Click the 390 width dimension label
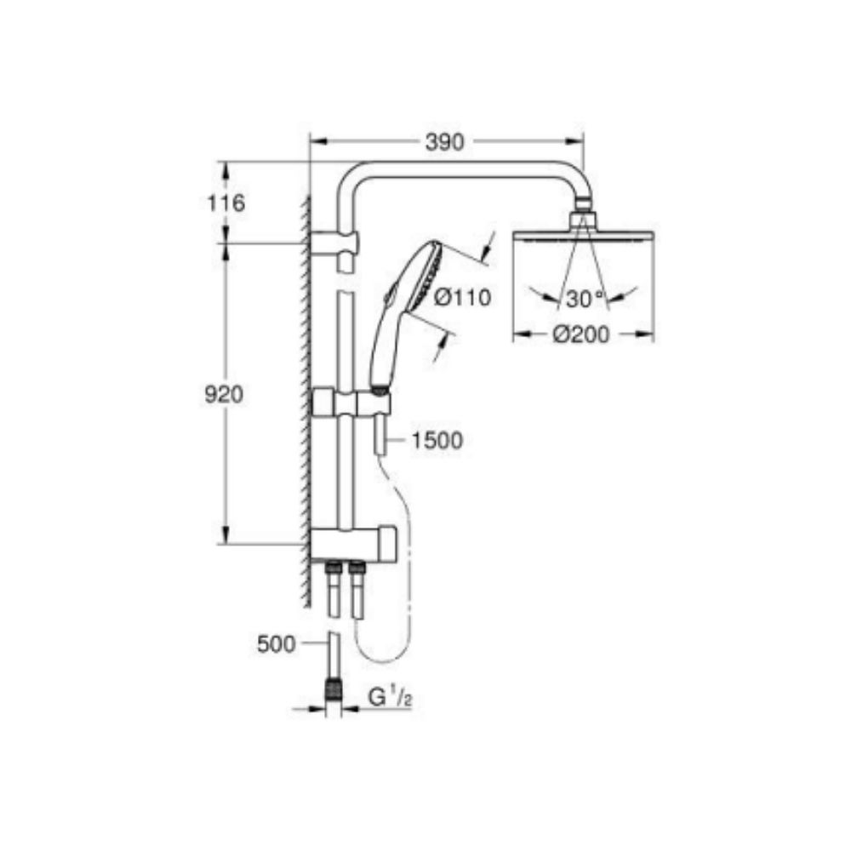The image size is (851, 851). pos(444,142)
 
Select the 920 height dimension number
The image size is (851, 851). pos(225,395)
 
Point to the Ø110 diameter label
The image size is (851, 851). pos(463,298)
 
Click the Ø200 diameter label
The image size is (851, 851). pos(581,335)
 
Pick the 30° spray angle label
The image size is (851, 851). pos(584,298)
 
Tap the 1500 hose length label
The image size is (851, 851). pos(437,440)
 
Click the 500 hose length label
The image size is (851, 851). pos(277,644)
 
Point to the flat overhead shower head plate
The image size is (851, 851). pos(582,237)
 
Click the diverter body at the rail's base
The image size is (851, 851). pos(352,542)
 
